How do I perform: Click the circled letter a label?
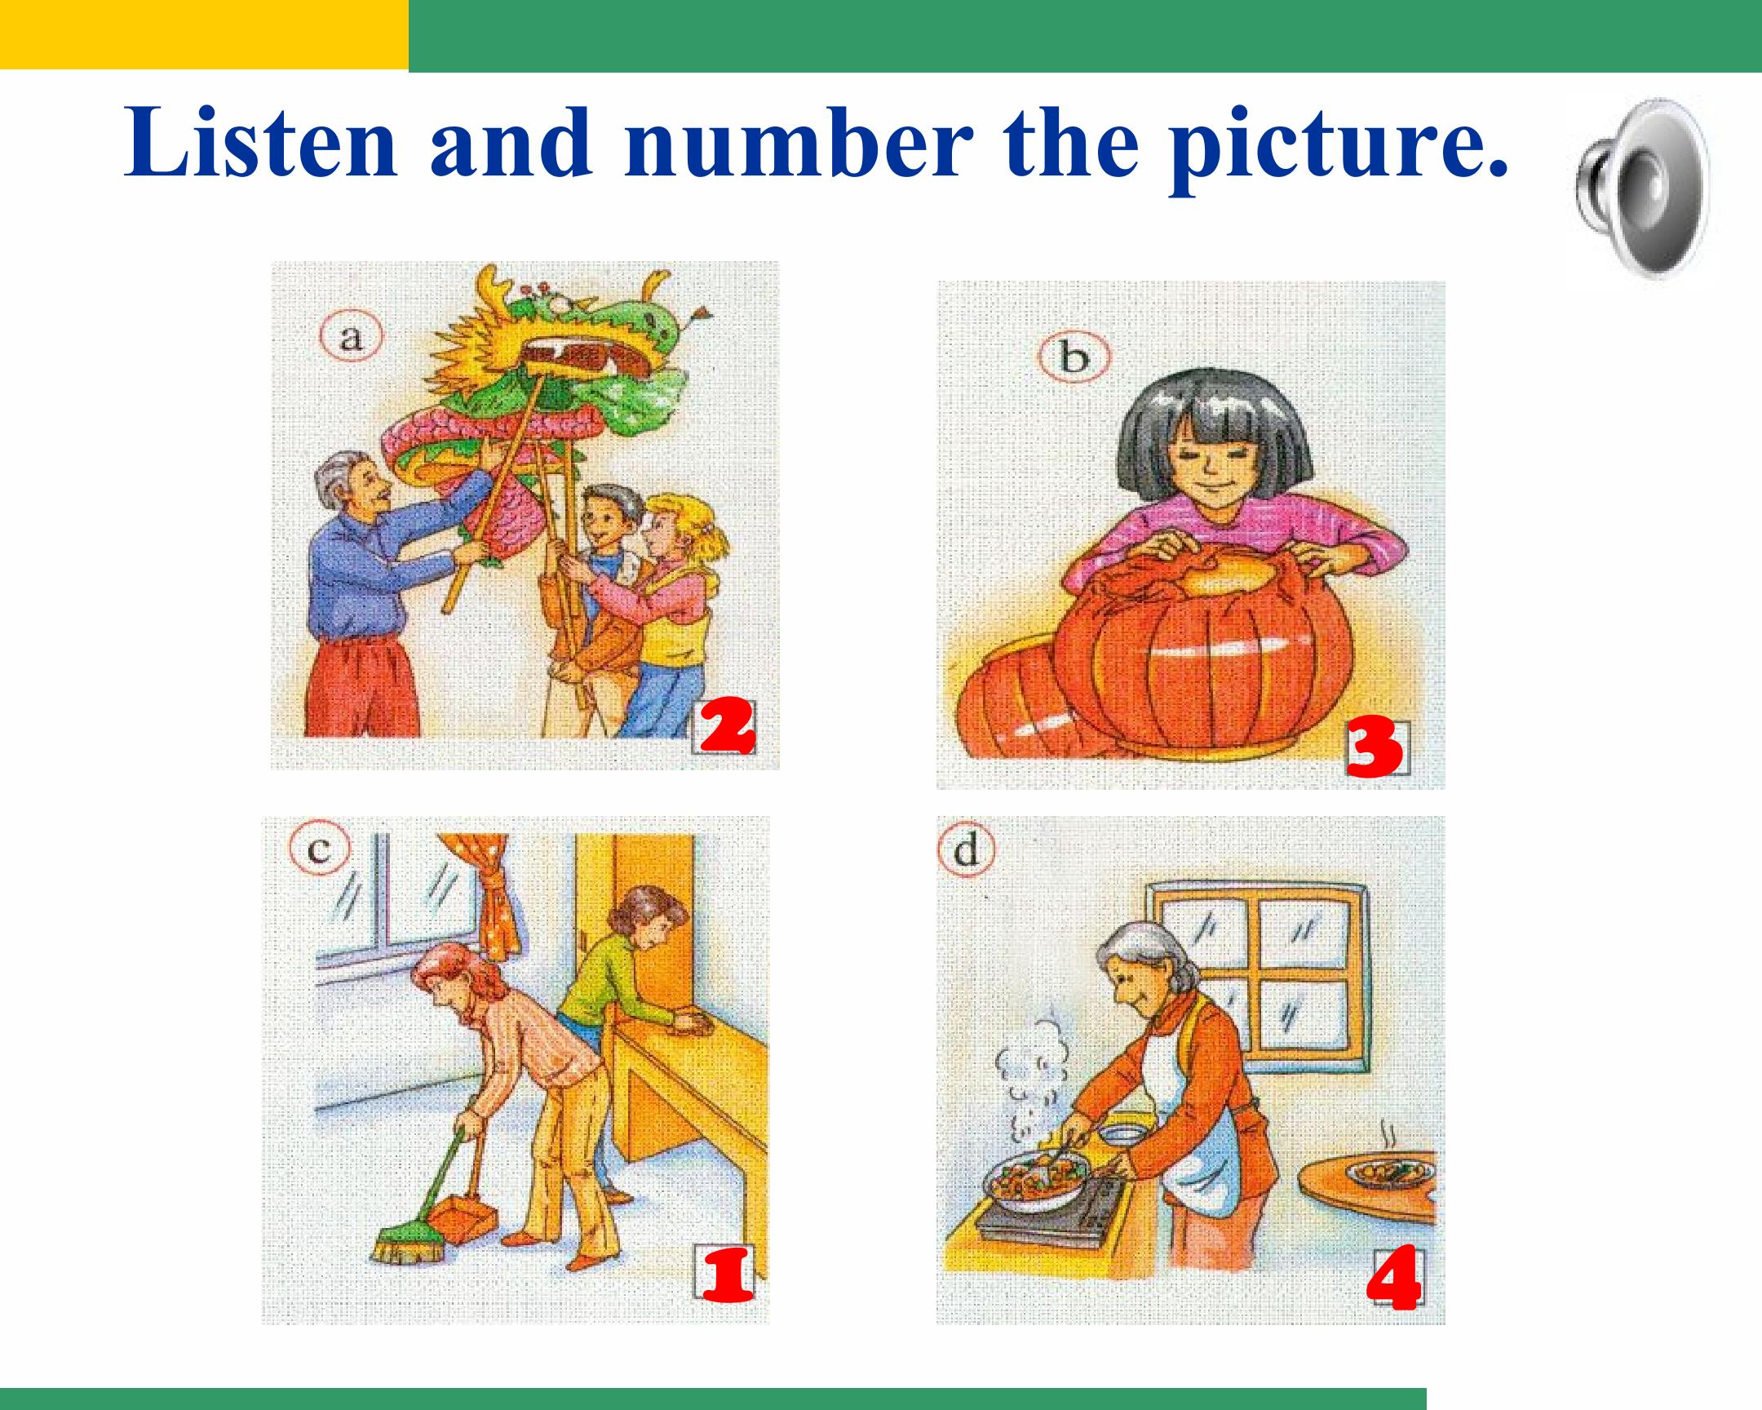351,338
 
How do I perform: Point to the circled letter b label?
1074,358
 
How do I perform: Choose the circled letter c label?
320,850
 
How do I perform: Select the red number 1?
727,1277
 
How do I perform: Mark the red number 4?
1394,1281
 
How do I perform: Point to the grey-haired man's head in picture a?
350,481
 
